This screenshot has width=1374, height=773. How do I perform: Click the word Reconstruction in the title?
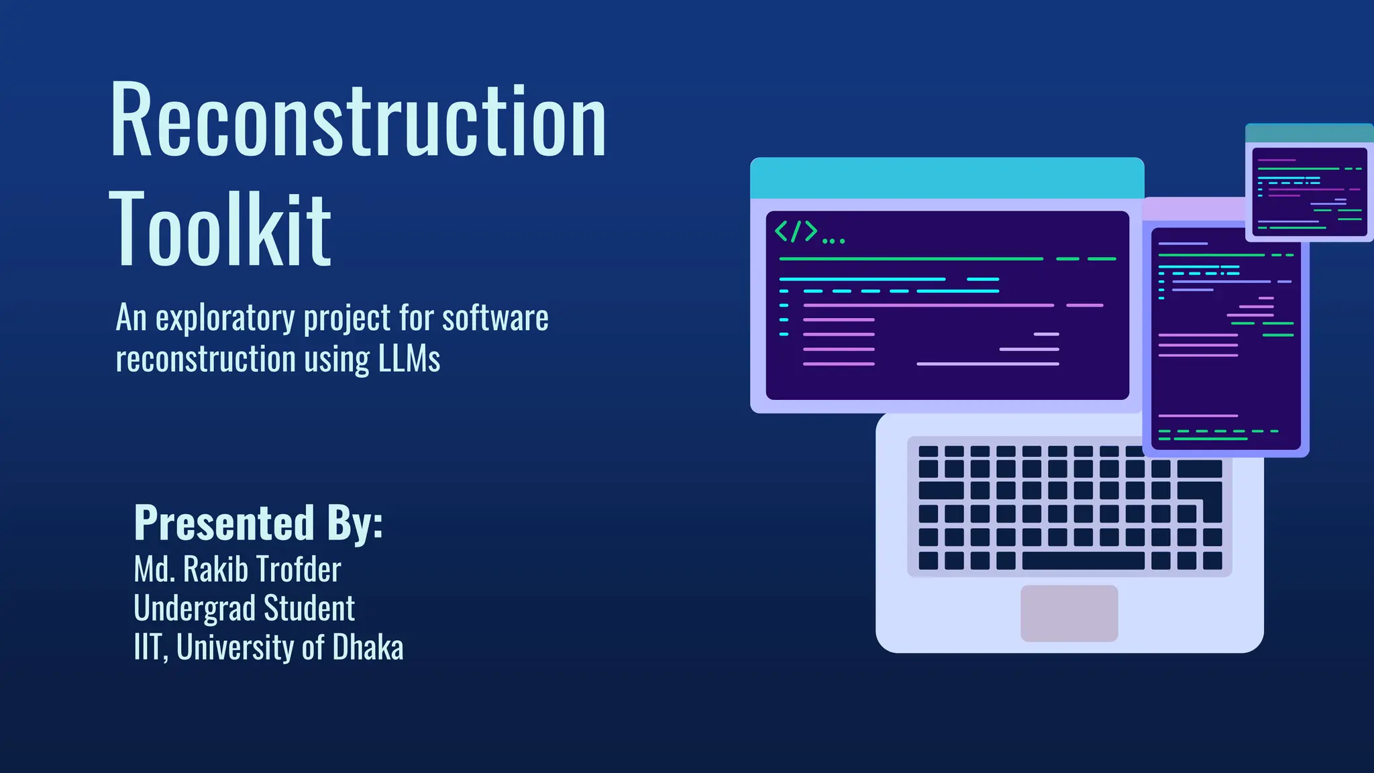click(358, 121)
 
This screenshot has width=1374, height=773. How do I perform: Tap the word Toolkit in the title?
click(220, 229)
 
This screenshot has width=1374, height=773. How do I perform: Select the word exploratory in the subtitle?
click(225, 318)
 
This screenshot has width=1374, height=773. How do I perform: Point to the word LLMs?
click(409, 359)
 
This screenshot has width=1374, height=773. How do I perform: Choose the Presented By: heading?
click(258, 523)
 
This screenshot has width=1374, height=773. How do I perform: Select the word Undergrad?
click(194, 609)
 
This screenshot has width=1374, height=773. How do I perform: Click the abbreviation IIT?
click(148, 648)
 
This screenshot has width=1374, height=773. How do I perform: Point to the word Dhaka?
click(368, 648)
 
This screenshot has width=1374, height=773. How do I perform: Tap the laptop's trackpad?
click(1069, 613)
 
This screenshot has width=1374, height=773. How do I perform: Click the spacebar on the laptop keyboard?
click(1082, 560)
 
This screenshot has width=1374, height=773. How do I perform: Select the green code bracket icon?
click(796, 231)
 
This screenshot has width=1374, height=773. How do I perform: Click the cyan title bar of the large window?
click(947, 178)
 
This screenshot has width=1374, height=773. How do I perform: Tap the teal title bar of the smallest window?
click(1309, 133)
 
